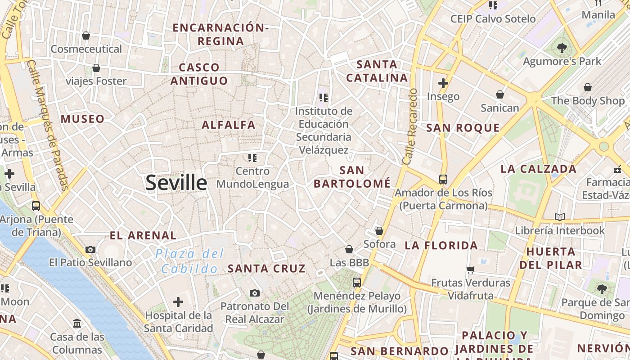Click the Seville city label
point(176,183)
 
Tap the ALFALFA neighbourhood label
point(229,125)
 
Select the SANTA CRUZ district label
point(266,269)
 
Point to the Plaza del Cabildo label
point(189,261)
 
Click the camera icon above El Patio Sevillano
point(90,249)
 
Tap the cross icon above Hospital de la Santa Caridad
point(178,301)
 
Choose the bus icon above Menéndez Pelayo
point(357,283)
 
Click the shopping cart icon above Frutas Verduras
point(470,270)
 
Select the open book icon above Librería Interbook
point(560,217)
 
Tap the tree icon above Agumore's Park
point(562,48)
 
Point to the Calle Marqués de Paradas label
point(47,125)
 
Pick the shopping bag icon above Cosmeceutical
point(86,36)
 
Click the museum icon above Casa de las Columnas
point(76,323)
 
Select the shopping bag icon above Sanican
point(499,94)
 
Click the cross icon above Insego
point(443,83)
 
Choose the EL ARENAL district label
point(143,235)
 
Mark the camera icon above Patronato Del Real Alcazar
point(255,293)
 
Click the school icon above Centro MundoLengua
point(252,157)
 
